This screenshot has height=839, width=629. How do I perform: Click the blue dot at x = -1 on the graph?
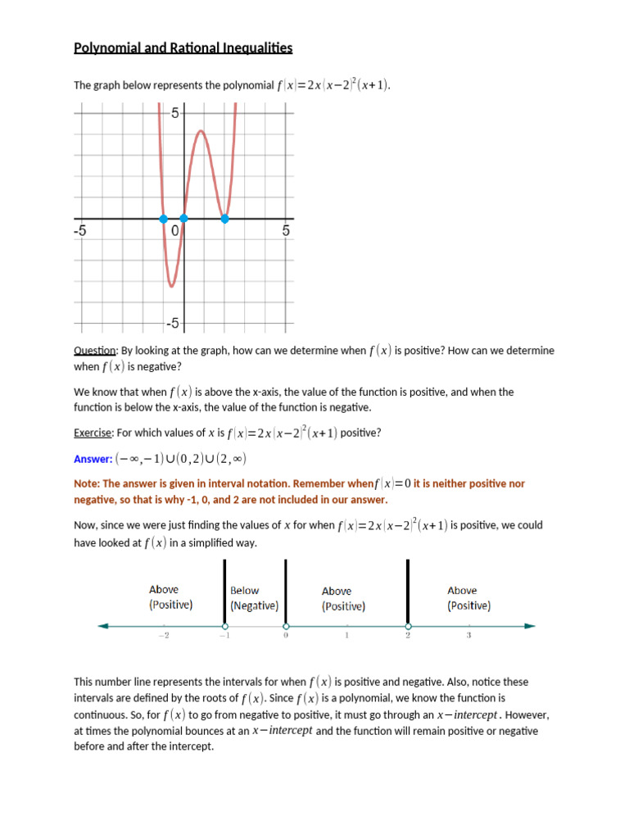coord(164,219)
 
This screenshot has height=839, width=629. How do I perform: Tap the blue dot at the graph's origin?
coord(183,219)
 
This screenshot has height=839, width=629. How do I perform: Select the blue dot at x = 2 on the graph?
coord(225,219)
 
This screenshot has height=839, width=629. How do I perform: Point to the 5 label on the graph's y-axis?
coord(174,113)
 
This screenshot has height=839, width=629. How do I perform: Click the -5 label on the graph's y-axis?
coord(172,324)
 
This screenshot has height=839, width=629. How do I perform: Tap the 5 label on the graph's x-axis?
coord(286,232)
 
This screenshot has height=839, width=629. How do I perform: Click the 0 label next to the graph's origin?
coord(174,232)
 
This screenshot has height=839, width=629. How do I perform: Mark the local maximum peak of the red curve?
coord(199,131)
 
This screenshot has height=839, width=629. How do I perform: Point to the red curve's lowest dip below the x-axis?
coord(171,286)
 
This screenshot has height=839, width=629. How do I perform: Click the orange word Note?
coord(88,484)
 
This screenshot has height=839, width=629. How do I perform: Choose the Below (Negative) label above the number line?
coord(254,598)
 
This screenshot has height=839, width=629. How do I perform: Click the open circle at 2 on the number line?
coord(408,627)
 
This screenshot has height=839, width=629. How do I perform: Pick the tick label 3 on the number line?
coord(468,637)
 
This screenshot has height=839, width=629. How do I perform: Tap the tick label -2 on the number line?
coord(163,637)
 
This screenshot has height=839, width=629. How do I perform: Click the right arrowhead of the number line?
coord(530,627)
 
